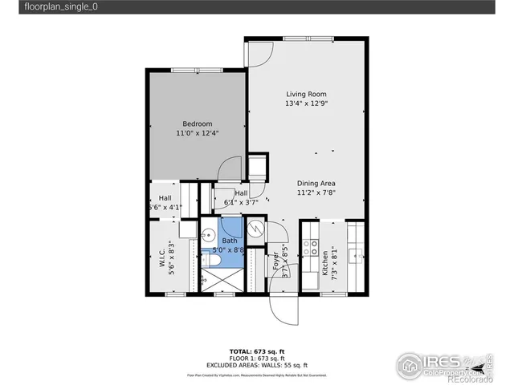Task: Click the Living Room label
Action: coord(306,94)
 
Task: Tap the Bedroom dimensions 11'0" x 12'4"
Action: coord(197,133)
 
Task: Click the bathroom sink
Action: coord(208,236)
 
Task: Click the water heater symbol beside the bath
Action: coord(255,229)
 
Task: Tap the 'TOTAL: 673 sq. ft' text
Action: coord(256,352)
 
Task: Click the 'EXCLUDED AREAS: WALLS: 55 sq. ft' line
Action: coord(256,365)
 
